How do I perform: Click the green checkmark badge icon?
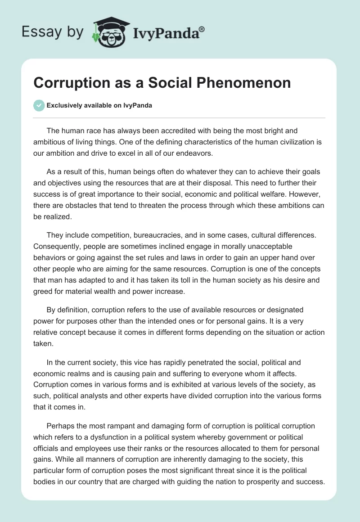point(39,105)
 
